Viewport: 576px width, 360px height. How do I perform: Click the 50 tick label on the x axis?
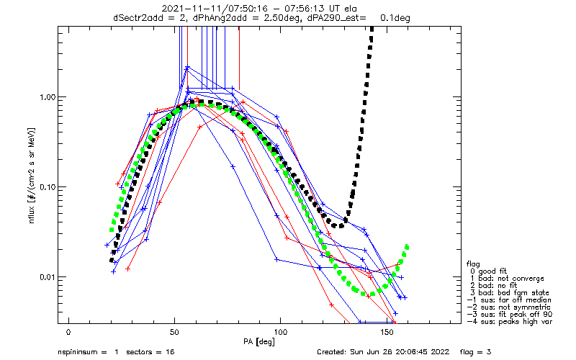pos(174,333)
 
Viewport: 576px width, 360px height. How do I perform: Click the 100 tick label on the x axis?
pos(280,333)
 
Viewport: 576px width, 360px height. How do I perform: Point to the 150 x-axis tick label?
pos(387,333)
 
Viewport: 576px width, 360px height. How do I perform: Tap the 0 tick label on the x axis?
pos(68,333)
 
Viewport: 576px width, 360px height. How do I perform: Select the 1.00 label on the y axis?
pos(47,97)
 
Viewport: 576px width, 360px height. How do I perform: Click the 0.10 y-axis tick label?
pos(47,187)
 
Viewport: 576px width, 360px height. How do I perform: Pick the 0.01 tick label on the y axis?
pos(47,277)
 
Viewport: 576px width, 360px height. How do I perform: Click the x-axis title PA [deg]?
pos(259,342)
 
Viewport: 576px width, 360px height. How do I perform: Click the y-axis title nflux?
pos(32,214)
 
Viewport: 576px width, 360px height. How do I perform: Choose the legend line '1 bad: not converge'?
pos(507,279)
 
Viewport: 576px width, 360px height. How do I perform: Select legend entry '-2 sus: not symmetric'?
pos(509,307)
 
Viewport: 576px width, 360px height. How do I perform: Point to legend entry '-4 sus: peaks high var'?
pos(510,322)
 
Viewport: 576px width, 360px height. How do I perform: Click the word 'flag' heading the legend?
pos(473,264)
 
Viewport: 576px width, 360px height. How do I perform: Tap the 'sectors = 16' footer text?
pos(150,352)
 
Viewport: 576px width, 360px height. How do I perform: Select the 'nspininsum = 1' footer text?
pos(88,352)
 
